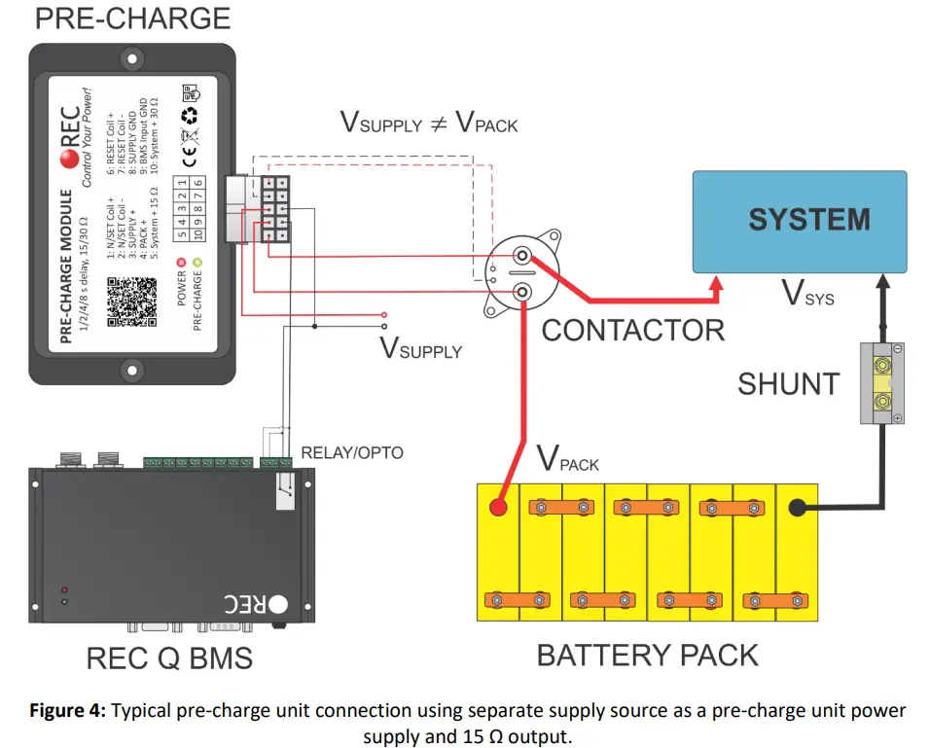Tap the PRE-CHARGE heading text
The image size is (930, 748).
click(x=133, y=18)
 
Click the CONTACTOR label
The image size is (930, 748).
click(x=632, y=331)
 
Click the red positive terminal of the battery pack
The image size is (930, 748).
click(x=499, y=508)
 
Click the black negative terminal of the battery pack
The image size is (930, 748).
click(x=795, y=508)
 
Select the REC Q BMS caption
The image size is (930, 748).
click(x=169, y=659)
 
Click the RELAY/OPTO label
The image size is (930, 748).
click(x=351, y=452)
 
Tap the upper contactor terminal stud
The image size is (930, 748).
click(x=522, y=258)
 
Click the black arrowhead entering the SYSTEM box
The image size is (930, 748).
click(x=883, y=282)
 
